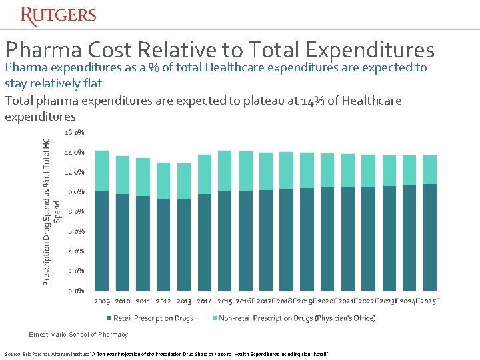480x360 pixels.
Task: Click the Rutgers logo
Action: pos(58,15)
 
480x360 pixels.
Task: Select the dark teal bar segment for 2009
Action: pos(102,240)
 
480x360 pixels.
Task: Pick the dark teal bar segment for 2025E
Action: pos(430,237)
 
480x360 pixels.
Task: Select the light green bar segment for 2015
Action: pos(225,171)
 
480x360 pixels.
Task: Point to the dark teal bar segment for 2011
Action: pos(143,243)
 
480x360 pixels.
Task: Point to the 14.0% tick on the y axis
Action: pos(74,152)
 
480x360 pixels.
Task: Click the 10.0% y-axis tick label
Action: pos(74,192)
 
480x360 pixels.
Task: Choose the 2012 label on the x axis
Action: pos(163,301)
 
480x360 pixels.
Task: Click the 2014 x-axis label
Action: pos(204,301)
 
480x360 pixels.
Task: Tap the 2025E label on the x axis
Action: pos(429,301)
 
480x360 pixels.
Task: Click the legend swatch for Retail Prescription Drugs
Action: pos(107,318)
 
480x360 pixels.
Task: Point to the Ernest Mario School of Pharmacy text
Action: pos(79,334)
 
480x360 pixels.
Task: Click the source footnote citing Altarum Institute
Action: pos(167,353)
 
